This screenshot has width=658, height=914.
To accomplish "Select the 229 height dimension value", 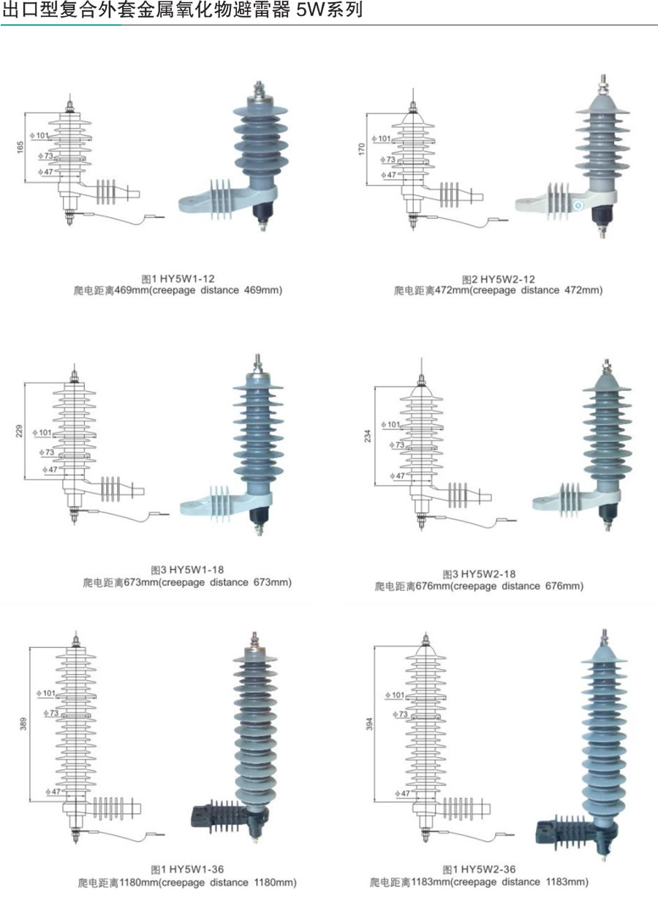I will (x=20, y=431).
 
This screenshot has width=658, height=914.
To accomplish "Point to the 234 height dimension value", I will (x=368, y=435).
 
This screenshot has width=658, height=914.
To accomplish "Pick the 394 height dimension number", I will (x=369, y=724).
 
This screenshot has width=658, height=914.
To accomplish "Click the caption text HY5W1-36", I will (x=197, y=869).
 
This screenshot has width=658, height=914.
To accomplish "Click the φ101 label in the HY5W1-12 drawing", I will (x=39, y=135).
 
